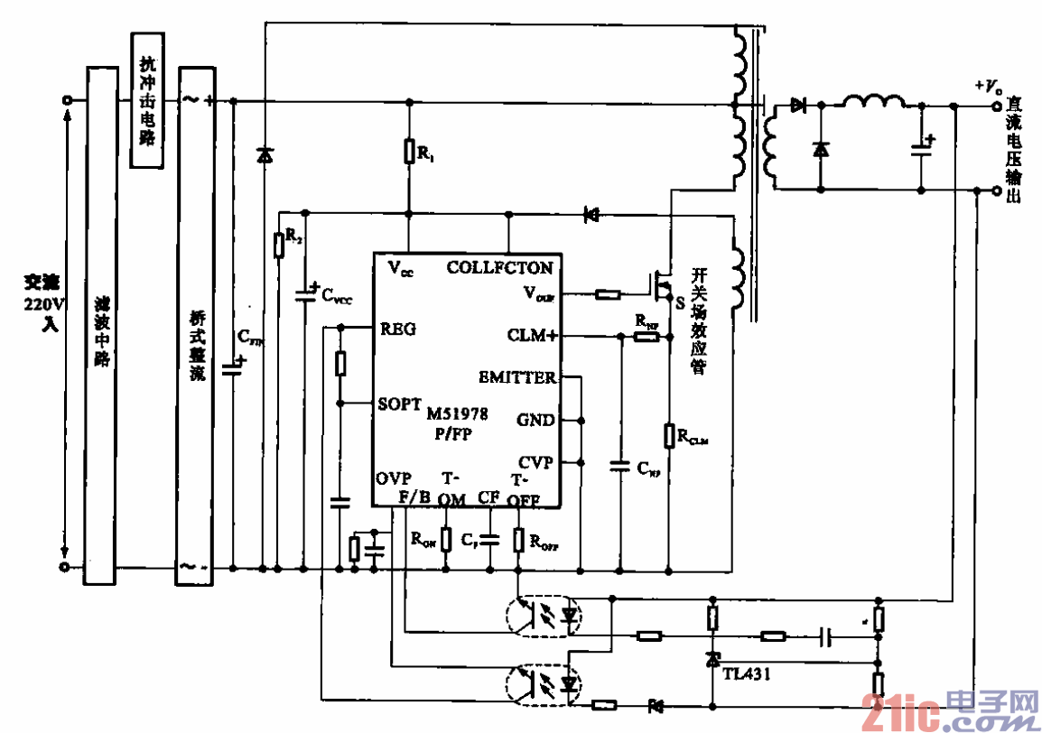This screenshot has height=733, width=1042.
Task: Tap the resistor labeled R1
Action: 410,151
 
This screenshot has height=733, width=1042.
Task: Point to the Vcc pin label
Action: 402,267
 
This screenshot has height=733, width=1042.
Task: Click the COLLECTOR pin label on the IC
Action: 499,267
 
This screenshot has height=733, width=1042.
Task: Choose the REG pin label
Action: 398,329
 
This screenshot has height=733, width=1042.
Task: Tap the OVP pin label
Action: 394,478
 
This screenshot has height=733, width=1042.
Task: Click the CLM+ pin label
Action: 532,336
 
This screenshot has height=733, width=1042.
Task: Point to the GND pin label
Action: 536,420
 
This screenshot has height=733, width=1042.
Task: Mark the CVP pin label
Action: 536,462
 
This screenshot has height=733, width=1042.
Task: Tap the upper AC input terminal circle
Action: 67,101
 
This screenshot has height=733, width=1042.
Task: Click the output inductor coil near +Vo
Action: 873,101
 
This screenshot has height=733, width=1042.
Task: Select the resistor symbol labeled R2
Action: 279,243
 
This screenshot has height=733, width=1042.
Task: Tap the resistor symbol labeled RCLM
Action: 669,435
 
